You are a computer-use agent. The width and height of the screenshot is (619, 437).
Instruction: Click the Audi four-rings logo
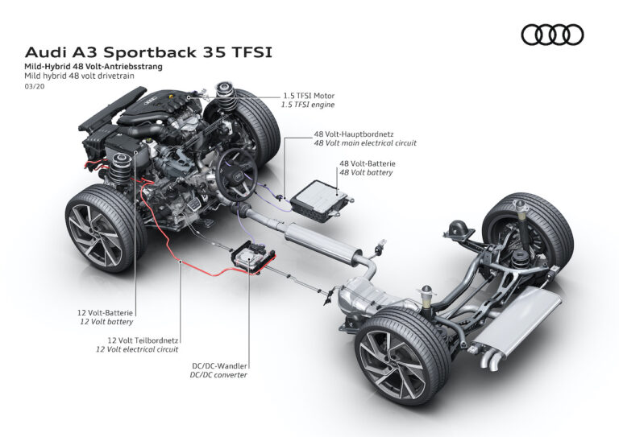[x=551, y=35]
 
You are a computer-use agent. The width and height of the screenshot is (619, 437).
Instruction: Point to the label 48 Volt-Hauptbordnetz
[x=355, y=132]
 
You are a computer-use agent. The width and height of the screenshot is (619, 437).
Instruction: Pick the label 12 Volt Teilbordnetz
[x=137, y=340]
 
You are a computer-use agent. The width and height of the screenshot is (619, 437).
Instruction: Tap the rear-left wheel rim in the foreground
[x=394, y=364]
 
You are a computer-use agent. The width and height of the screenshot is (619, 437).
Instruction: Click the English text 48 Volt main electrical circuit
[x=365, y=142]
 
